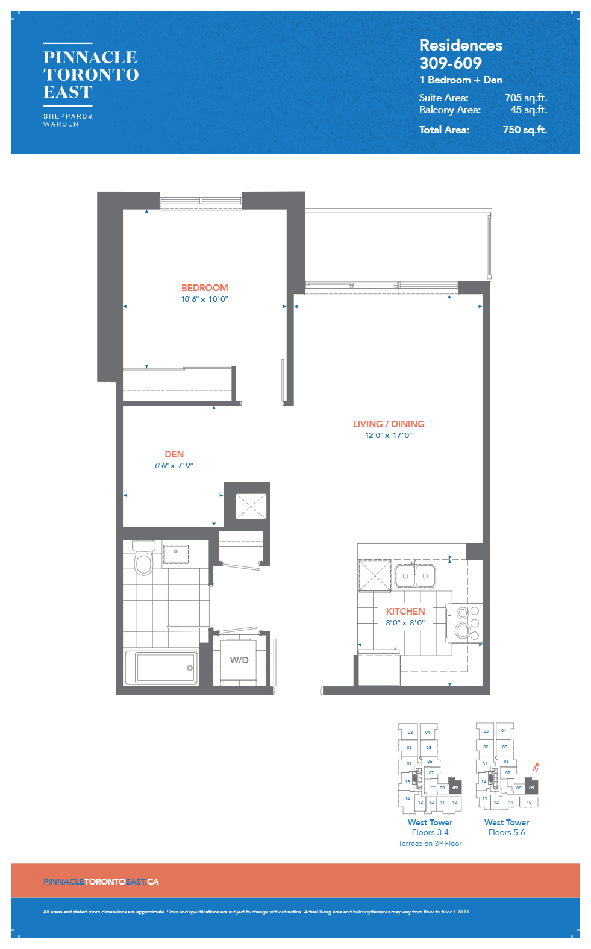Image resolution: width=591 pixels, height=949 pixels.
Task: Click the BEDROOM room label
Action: tap(204, 288)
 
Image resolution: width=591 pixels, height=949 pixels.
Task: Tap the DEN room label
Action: tap(174, 454)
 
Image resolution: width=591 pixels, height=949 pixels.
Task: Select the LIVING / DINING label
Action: tap(389, 424)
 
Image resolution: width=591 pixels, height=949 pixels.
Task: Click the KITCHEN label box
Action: tap(405, 616)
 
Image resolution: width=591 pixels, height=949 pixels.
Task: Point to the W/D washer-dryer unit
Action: tap(239, 660)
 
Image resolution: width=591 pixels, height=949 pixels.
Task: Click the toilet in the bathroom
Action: tap(143, 562)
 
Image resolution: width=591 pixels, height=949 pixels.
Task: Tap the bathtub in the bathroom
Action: tap(162, 667)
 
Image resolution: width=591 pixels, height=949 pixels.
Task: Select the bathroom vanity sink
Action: tap(175, 553)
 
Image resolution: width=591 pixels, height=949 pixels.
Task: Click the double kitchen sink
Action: tap(415, 576)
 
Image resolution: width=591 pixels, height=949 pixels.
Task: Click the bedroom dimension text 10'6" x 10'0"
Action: tap(204, 299)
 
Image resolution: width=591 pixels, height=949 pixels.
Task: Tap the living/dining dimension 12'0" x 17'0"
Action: tap(389, 436)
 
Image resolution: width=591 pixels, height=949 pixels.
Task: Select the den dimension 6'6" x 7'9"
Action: tap(174, 466)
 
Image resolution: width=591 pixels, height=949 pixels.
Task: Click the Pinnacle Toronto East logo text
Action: tap(91, 75)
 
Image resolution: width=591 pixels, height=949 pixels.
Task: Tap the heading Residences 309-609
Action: tap(460, 54)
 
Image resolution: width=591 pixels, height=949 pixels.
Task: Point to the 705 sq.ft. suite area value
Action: tap(525, 98)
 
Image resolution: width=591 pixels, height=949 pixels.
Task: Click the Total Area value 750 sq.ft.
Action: tap(525, 130)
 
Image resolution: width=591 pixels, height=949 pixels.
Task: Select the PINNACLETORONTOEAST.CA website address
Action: tap(101, 882)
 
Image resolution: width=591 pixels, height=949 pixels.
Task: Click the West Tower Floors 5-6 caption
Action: tap(507, 827)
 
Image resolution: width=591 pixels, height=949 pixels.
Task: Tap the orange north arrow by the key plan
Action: tap(536, 768)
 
